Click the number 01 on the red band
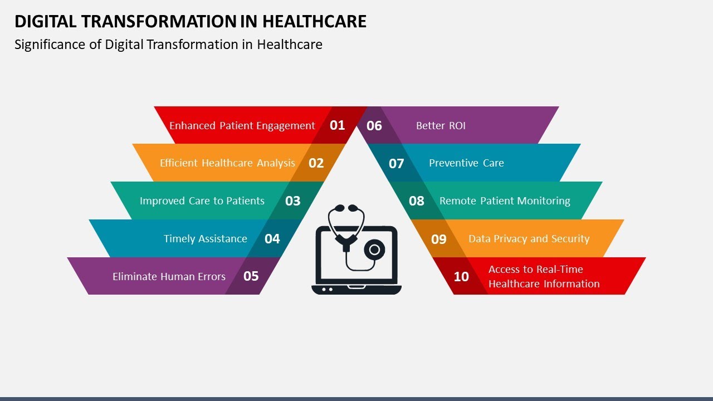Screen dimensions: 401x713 point(338,125)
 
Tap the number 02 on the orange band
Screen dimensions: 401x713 point(316,163)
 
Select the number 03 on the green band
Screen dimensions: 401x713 point(292,201)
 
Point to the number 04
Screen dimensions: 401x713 point(272,239)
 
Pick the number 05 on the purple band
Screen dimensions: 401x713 point(251,276)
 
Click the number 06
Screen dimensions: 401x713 point(374,126)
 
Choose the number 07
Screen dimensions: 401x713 point(396,164)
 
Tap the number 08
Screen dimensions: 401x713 point(417,201)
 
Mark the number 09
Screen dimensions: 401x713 point(439,239)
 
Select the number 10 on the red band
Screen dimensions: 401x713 point(461,277)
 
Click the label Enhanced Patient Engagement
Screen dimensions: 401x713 point(242,126)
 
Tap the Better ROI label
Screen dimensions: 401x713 point(441,126)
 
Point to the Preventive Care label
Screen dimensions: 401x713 point(466,163)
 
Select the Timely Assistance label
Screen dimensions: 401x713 point(206,239)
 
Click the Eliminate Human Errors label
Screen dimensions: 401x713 point(169,276)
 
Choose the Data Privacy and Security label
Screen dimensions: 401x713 point(529,239)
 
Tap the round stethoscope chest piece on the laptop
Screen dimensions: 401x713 point(375,249)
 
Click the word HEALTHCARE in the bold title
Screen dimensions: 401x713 point(314,21)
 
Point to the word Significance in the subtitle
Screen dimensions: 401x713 point(51,45)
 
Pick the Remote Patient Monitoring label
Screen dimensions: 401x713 point(505,201)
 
